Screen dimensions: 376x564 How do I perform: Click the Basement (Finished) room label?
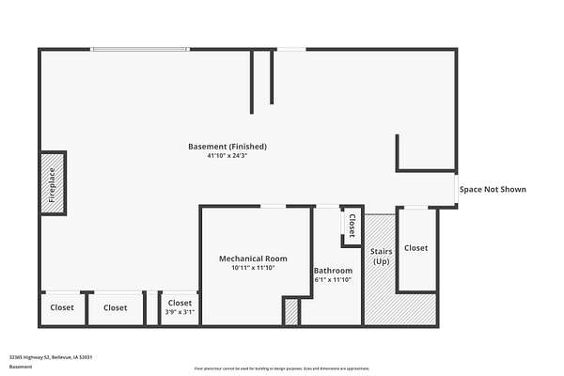coord(227,147)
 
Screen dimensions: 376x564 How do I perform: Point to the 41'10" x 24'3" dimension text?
coord(227,155)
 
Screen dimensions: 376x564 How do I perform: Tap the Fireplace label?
coord(53,184)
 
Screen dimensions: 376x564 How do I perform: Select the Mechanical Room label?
coord(253,258)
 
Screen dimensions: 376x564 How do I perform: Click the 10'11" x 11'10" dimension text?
coord(253,268)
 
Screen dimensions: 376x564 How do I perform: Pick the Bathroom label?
coord(333,271)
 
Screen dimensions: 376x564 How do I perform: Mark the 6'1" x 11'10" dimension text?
coord(333,279)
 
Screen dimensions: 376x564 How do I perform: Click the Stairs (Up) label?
coord(381,256)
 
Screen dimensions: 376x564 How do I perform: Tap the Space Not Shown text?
coord(493,190)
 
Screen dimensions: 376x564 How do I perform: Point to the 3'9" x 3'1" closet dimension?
coord(180,312)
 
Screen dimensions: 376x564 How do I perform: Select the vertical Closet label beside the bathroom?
coord(352,227)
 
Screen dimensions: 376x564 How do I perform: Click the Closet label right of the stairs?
coord(415,248)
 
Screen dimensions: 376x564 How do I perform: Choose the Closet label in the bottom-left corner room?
coord(62,307)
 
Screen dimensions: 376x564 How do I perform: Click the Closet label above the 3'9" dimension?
coord(180,303)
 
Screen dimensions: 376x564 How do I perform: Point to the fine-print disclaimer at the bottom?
coord(282,368)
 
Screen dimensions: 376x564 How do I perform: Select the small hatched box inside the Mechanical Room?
coord(290,311)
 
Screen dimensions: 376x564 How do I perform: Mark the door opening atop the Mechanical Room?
coord(274,207)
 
